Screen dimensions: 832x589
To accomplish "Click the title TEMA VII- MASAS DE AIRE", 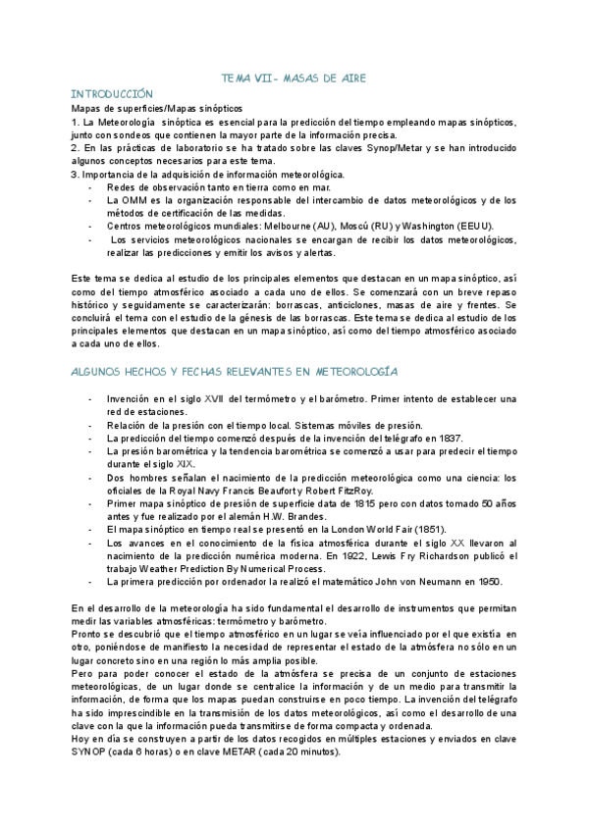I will click(x=294, y=77).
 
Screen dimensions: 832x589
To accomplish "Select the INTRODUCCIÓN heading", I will click(x=113, y=91).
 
